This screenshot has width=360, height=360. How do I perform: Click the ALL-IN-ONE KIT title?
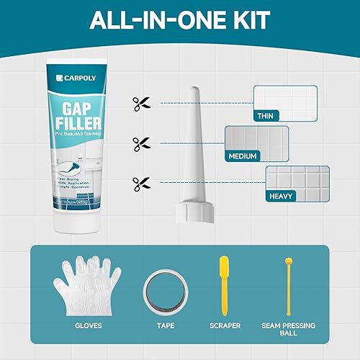pos(180,19)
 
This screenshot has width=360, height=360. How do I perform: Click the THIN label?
pos(266,115)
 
